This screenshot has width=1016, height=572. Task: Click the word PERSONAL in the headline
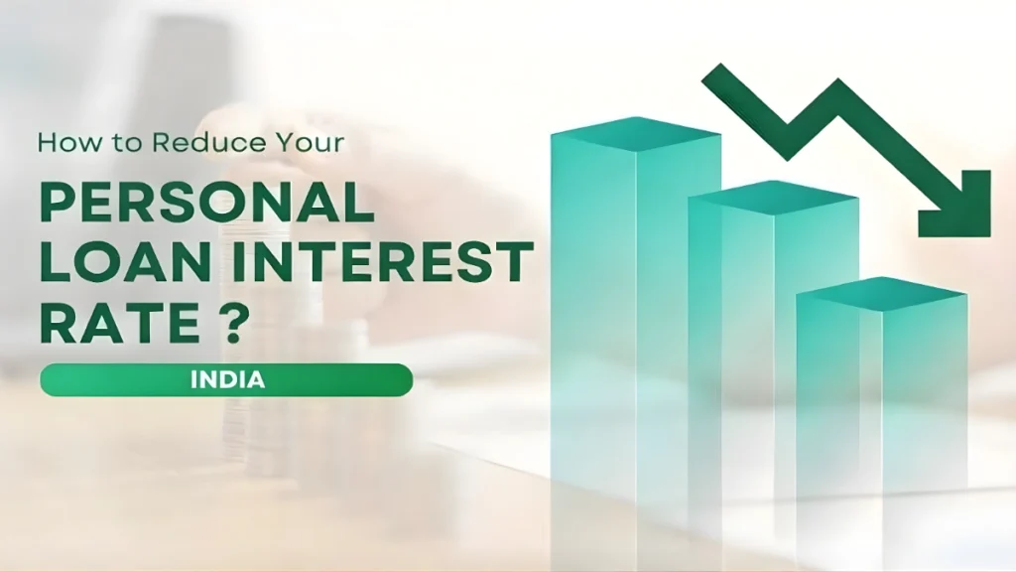pyautogui.click(x=206, y=205)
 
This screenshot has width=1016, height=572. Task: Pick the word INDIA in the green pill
pyautogui.click(x=225, y=379)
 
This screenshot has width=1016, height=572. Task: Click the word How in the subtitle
pyautogui.click(x=63, y=142)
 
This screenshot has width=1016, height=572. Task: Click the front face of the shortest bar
pyautogui.click(x=837, y=397)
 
